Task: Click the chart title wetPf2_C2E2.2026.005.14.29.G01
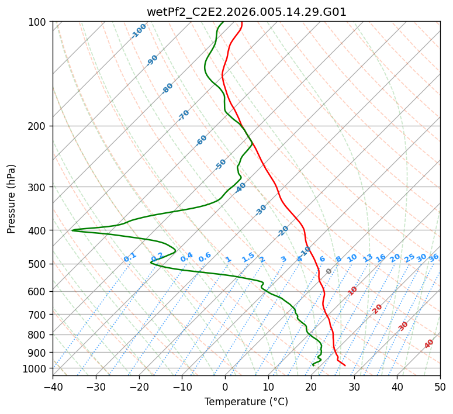point(246,12)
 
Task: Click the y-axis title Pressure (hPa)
point(12,199)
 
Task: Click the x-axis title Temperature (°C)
point(246,402)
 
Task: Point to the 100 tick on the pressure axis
point(39,22)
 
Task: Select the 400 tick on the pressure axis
point(39,230)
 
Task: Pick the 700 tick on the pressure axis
point(39,315)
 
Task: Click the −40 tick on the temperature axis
point(53,387)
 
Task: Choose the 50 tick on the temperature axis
point(440,387)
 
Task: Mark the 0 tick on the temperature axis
point(225,387)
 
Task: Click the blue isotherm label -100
point(139,31)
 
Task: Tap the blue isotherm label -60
point(202,140)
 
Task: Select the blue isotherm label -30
point(261,209)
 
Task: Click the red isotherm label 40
point(429,344)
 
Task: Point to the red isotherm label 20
point(378,308)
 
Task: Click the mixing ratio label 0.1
point(130,257)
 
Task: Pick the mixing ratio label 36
point(434,257)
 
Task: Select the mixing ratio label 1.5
point(248,257)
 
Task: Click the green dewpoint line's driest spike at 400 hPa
point(72,230)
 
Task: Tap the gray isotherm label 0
point(329,271)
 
